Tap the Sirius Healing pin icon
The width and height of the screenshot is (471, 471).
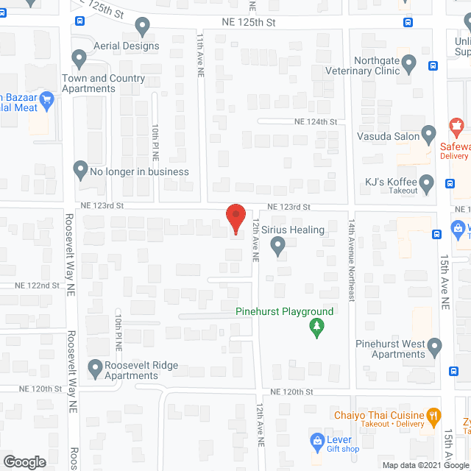tap(278, 247)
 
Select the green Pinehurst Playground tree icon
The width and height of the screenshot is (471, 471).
tap(316, 327)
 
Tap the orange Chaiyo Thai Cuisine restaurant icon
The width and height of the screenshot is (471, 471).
tap(433, 415)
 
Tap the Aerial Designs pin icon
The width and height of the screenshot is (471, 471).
tap(143, 28)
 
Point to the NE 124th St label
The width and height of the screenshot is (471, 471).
tap(315, 121)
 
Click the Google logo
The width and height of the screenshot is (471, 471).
tap(24, 462)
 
